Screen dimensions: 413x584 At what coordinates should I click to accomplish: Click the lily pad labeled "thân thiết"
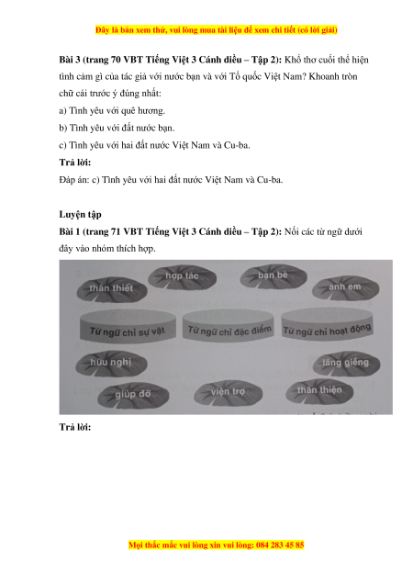[x=112, y=289]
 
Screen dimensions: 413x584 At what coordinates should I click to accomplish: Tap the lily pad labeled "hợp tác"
[x=182, y=277]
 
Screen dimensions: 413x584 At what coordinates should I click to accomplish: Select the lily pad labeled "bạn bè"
[x=273, y=276]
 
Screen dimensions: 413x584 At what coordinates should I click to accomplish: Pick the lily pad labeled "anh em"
[x=345, y=287]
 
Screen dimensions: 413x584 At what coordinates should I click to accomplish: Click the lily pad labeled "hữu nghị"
[x=111, y=363]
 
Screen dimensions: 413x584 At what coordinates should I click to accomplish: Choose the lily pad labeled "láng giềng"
[x=346, y=363]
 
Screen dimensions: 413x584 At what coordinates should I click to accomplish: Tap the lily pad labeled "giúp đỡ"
[x=133, y=395]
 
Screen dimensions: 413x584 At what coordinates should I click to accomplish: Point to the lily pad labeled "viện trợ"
[x=228, y=393]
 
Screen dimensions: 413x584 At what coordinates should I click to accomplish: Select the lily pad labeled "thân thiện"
[x=319, y=390]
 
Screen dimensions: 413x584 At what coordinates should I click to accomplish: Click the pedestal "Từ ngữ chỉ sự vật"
[x=128, y=325]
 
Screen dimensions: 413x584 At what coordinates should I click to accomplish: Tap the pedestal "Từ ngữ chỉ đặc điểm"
[x=229, y=325]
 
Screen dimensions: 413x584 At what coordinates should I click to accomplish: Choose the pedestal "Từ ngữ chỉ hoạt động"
[x=327, y=324]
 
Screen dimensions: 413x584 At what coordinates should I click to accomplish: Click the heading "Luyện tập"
[x=80, y=215]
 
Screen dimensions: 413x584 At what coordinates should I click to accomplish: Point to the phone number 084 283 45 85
[x=280, y=545]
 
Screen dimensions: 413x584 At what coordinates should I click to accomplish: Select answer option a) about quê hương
[x=112, y=110]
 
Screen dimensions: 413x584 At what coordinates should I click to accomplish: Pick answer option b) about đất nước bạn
[x=117, y=128]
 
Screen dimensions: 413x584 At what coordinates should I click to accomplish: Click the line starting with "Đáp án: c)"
[x=171, y=180]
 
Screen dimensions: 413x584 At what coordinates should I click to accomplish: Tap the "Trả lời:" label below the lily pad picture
[x=75, y=427]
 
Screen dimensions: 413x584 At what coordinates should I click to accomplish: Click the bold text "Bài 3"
[x=69, y=60]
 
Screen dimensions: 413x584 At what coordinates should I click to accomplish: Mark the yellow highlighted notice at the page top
[x=217, y=29]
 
